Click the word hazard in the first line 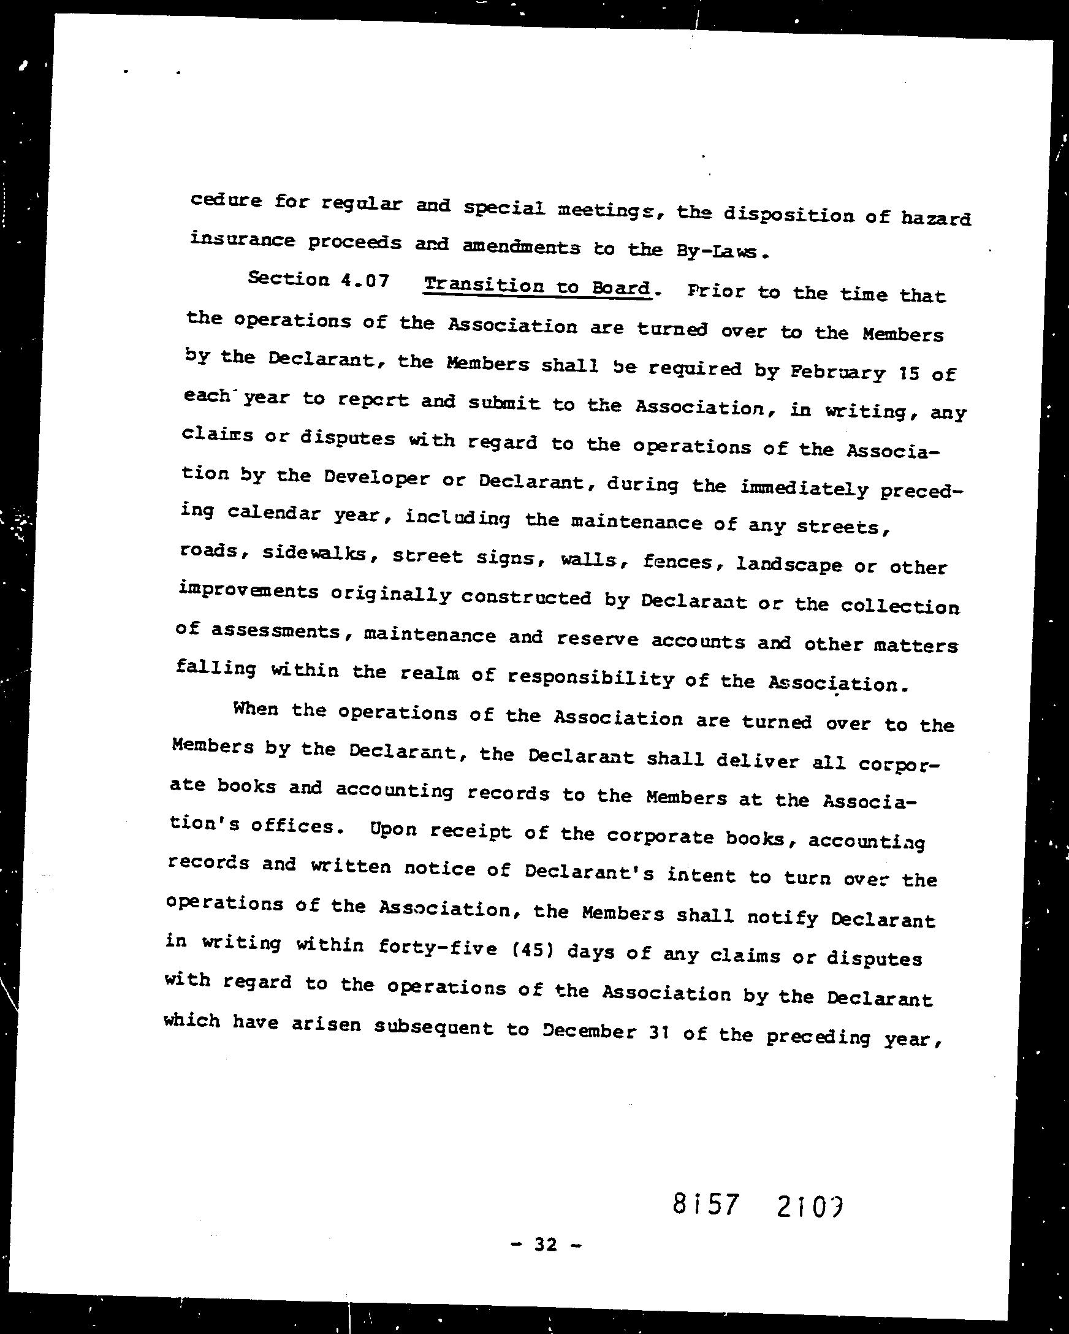(935, 218)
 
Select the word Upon (393, 828)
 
